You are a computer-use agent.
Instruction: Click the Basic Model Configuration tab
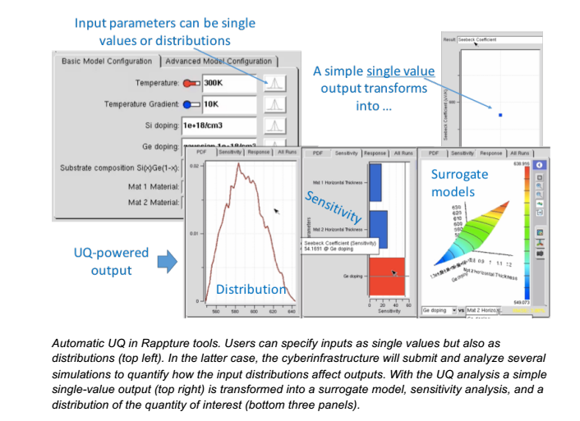[107, 62]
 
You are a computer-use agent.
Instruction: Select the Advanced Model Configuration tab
[219, 62]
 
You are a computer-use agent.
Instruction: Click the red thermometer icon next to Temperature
[191, 83]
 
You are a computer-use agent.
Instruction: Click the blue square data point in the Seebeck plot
[499, 114]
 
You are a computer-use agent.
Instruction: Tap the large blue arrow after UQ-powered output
[168, 260]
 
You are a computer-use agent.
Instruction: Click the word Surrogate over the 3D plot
[459, 175]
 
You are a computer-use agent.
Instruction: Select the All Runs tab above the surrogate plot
[521, 153]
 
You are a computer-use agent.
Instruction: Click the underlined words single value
[400, 71]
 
